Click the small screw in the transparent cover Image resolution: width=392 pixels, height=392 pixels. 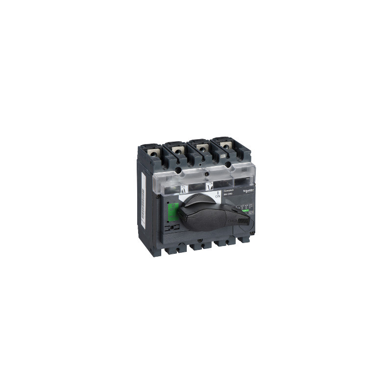pyautogui.click(x=206, y=174)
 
